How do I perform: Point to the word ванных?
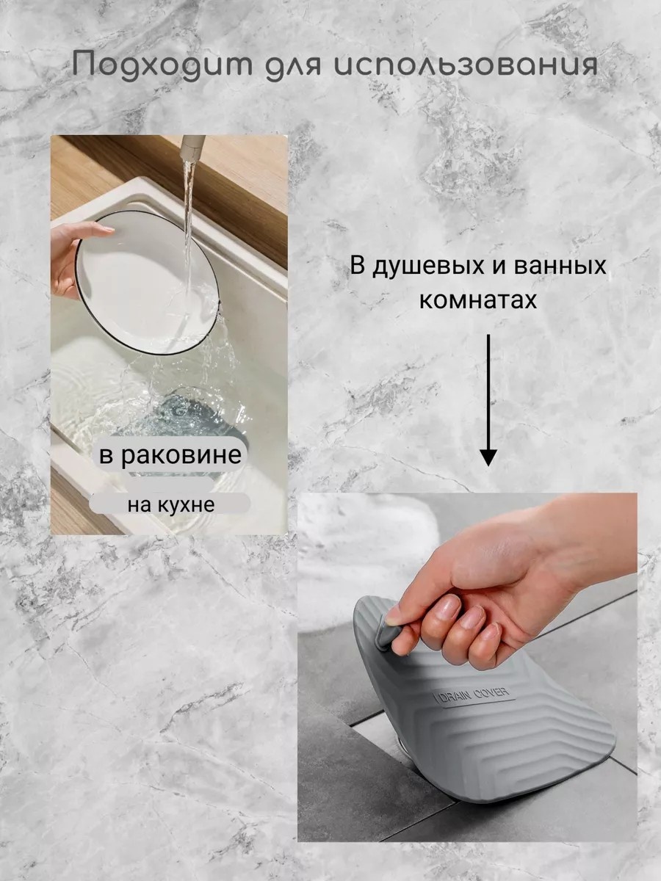(x=560, y=265)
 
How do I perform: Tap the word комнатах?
(x=478, y=300)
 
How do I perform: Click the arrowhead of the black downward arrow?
(x=488, y=457)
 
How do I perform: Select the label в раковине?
(x=170, y=454)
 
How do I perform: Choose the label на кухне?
(x=171, y=505)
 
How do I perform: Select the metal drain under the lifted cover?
(x=400, y=742)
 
